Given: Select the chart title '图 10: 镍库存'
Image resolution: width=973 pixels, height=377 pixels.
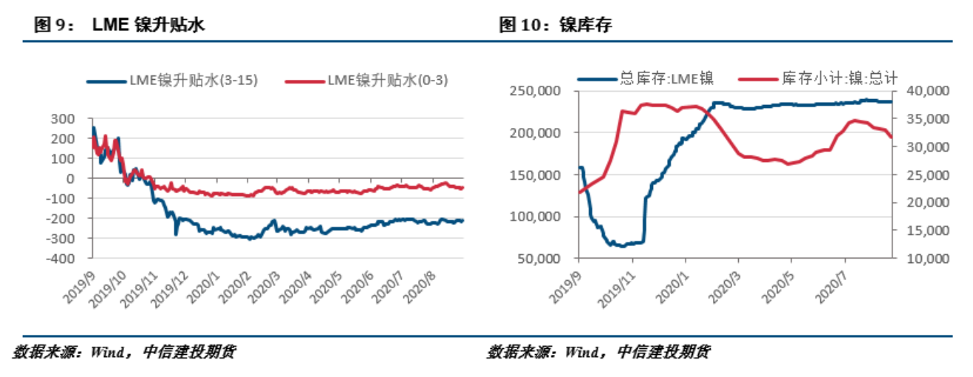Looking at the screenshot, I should pos(556,25).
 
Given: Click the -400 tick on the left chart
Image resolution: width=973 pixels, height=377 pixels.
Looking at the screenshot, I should pos(61,259).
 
